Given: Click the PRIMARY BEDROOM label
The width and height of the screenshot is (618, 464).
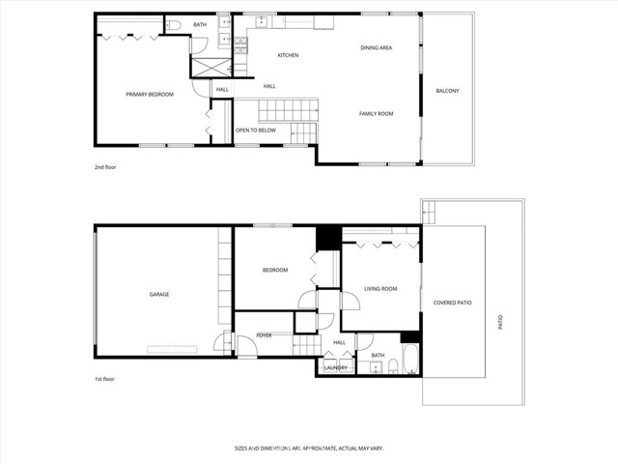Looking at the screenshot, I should click(x=150, y=94).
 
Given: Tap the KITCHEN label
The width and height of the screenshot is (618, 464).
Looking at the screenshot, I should click(x=288, y=55).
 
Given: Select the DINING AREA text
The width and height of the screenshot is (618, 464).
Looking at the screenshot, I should click(x=376, y=47).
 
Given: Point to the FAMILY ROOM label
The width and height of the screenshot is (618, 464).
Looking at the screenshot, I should click(x=377, y=114).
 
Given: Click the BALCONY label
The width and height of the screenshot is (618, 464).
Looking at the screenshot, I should click(x=447, y=91).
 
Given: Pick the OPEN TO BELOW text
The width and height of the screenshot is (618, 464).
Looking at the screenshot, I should click(x=256, y=130).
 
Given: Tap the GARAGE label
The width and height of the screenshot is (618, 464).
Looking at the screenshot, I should click(x=159, y=294).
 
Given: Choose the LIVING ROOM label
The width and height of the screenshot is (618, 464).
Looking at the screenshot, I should click(x=380, y=288).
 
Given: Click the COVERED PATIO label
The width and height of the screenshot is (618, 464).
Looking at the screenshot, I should click(x=452, y=303).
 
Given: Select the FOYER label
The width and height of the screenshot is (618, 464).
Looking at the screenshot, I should click(x=264, y=335).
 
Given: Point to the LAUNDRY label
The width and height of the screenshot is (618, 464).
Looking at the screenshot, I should click(x=336, y=367).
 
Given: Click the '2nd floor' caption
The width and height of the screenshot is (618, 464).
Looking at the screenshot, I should click(x=105, y=167).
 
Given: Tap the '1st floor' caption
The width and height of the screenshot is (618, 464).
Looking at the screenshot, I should click(x=105, y=379).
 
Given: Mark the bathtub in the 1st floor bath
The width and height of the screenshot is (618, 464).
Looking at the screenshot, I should click(x=409, y=360).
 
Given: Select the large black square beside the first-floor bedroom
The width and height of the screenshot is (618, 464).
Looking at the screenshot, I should click(x=328, y=237).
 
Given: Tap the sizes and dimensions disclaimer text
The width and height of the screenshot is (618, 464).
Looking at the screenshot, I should click(x=309, y=448).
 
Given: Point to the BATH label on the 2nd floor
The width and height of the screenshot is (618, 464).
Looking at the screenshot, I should click(x=200, y=24).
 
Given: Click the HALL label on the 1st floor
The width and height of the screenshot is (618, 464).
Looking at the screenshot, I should click(x=339, y=342).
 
